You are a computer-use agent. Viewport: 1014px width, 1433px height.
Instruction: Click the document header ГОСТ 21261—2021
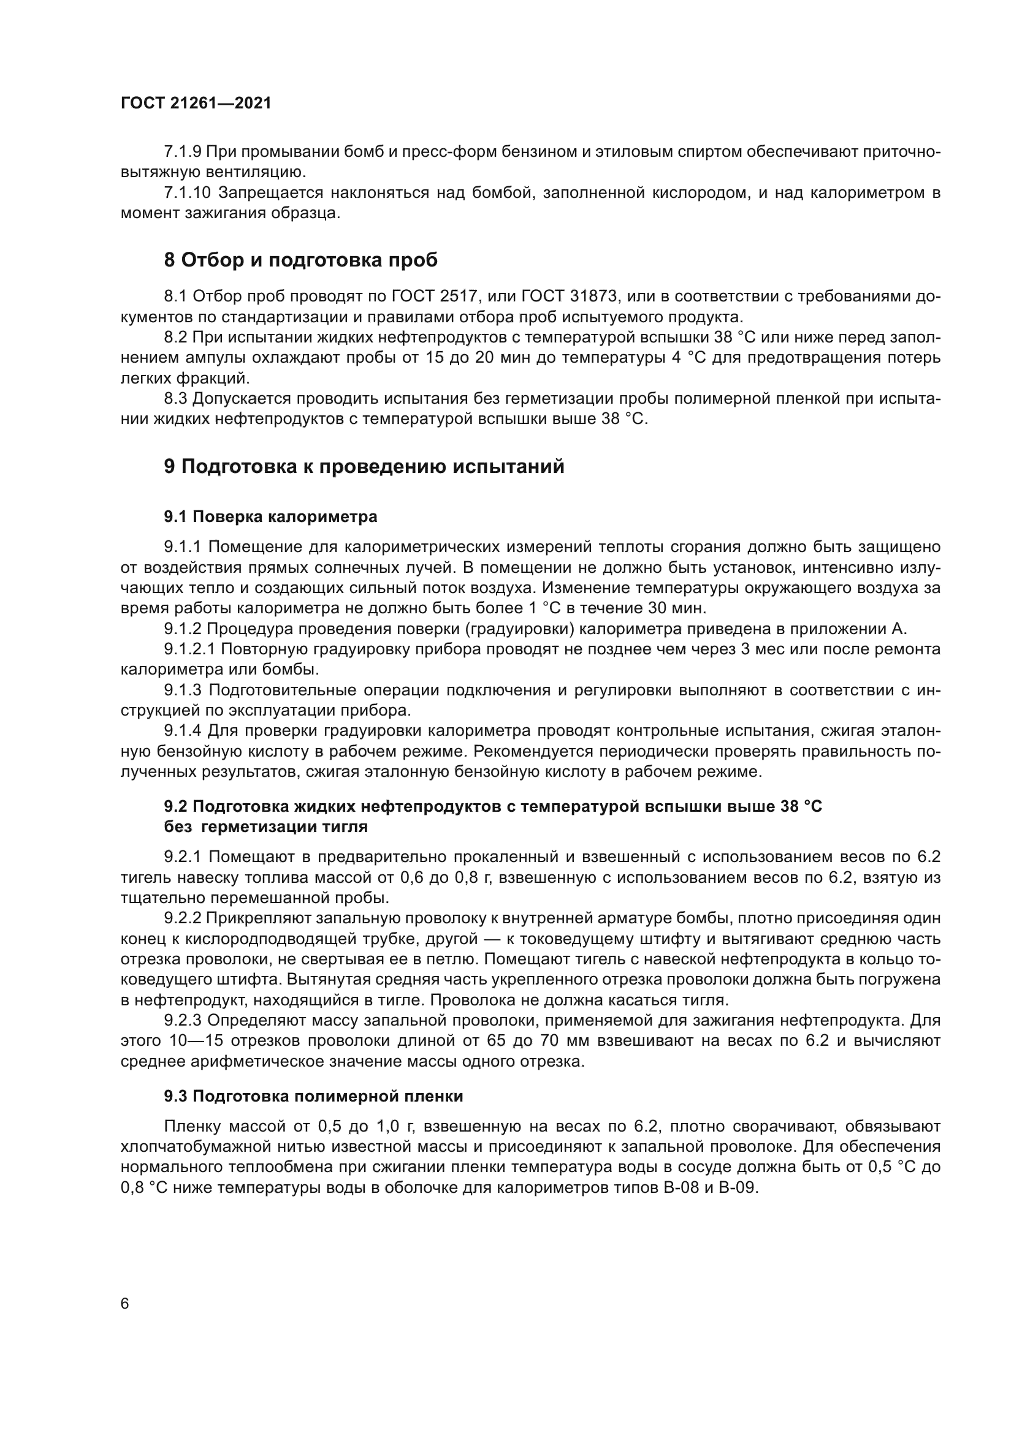(196, 104)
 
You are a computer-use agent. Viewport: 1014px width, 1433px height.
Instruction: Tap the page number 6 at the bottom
(125, 1304)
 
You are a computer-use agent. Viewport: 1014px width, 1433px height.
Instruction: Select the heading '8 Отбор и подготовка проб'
(300, 260)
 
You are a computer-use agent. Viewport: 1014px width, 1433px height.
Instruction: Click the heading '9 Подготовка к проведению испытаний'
(364, 466)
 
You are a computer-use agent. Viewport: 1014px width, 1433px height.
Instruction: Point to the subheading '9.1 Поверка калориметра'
(270, 517)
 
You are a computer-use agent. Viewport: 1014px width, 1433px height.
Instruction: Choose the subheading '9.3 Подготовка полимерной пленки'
(313, 1096)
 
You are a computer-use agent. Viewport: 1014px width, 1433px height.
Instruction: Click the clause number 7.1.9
(182, 152)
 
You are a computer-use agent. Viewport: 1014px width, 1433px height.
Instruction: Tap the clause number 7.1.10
(187, 193)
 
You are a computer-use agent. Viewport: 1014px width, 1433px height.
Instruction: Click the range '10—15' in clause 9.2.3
(191, 1041)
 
